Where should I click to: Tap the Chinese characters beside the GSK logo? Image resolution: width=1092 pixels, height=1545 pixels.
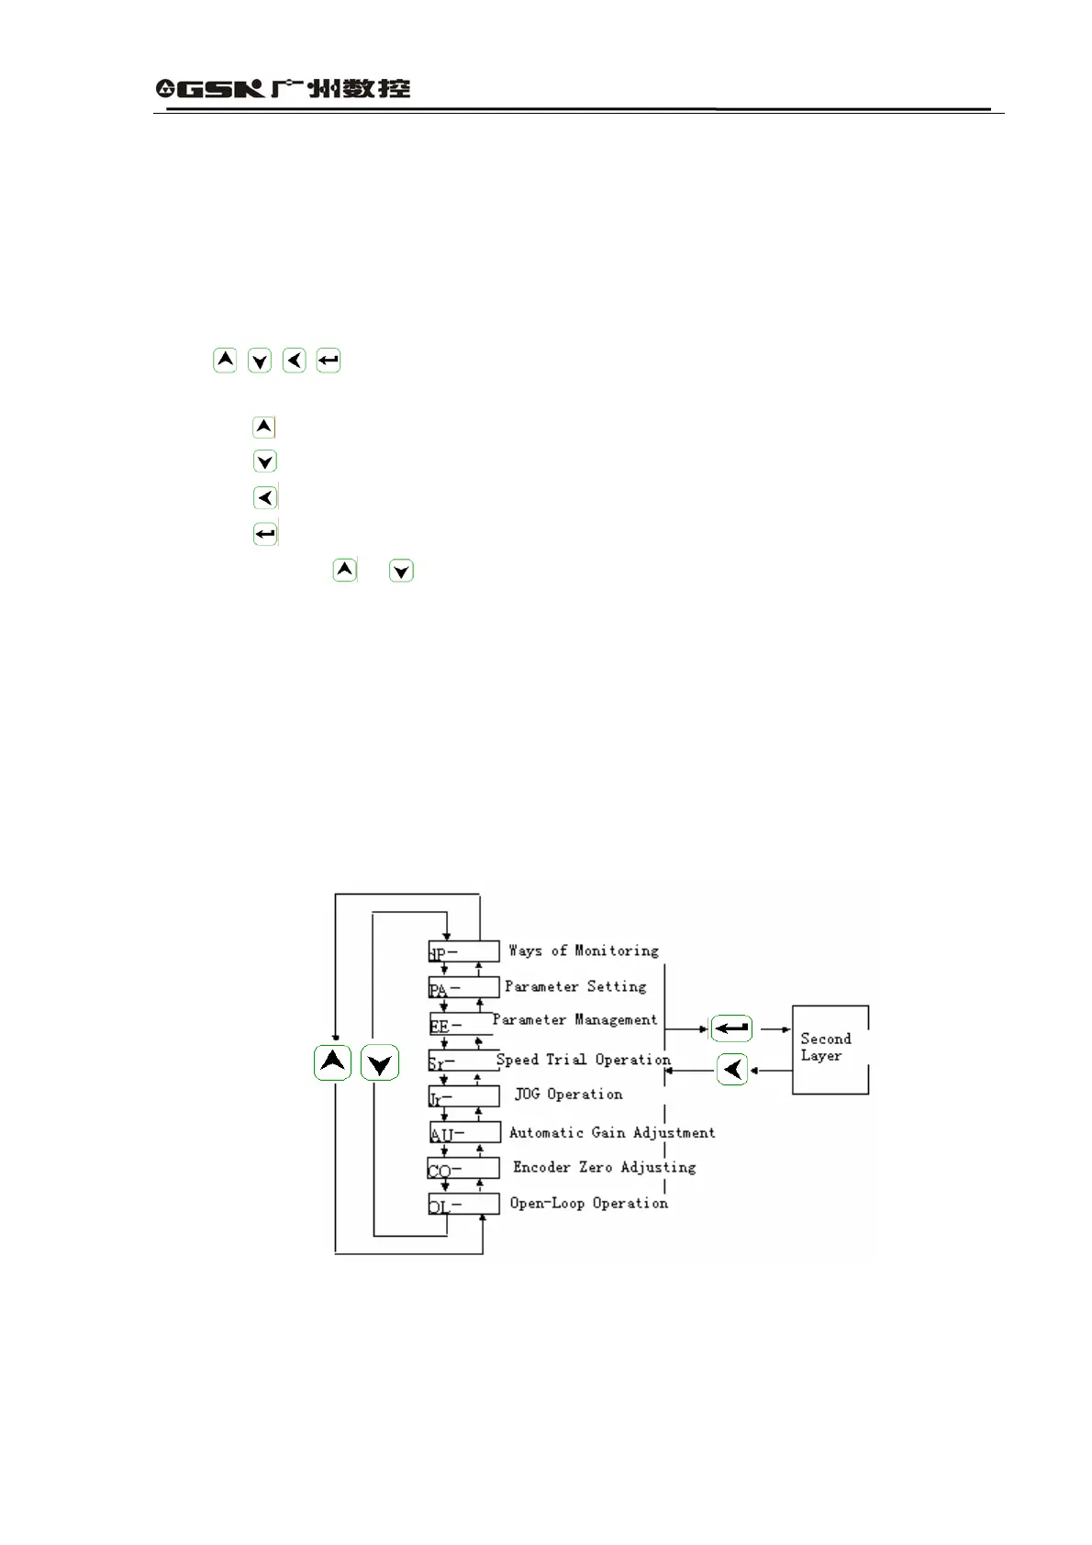coord(340,88)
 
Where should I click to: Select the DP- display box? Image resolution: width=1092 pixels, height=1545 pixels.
coord(464,951)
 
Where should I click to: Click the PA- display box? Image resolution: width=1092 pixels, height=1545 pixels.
coord(464,988)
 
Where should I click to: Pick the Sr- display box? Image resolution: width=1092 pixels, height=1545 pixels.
coord(464,1061)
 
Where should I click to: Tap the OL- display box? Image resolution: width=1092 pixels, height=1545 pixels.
coord(464,1204)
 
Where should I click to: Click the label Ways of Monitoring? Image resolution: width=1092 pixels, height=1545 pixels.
coord(584,950)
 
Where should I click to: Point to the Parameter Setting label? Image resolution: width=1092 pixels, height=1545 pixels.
coord(575,986)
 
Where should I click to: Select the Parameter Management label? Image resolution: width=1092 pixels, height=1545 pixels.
coord(574,1019)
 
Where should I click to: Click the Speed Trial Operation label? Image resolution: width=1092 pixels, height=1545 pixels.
coord(583,1060)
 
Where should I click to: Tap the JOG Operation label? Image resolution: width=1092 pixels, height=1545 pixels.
coord(568,1094)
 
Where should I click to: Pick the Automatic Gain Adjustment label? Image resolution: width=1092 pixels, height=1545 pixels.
coord(612,1132)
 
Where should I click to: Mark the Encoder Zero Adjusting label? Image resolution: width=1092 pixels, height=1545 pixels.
coord(604,1167)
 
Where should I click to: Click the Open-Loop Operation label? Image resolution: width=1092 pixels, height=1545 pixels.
coord(588,1203)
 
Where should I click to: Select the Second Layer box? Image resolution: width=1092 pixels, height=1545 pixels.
coord(830,1049)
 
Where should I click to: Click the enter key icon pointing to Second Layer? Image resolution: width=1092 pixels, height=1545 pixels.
coord(731,1028)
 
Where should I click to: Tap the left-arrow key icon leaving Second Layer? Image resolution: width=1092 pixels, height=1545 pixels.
coord(732,1070)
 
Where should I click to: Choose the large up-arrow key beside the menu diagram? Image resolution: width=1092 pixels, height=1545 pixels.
coord(332,1062)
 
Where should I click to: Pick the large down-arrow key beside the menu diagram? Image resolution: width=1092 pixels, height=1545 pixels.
coord(379,1063)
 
